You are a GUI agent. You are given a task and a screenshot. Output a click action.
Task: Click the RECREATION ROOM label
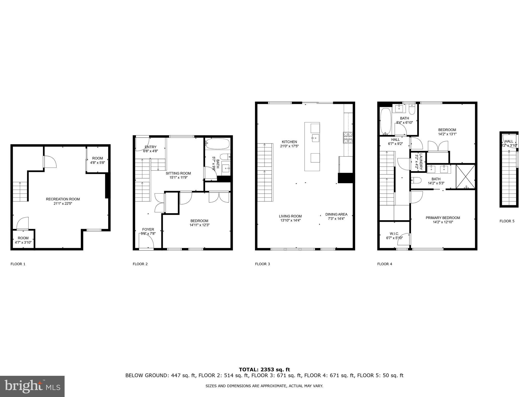pyautogui.click(x=63, y=199)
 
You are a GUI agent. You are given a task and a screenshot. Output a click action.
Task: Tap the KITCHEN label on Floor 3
pyautogui.click(x=289, y=142)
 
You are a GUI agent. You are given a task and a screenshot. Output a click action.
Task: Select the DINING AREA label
pyautogui.click(x=336, y=214)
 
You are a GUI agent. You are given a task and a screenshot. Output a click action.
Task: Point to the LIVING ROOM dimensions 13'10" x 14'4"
pyautogui.click(x=290, y=220)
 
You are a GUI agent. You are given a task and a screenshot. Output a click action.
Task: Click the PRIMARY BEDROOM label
pyautogui.click(x=443, y=218)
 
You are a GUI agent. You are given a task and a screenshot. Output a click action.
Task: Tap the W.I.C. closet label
pyautogui.click(x=394, y=234)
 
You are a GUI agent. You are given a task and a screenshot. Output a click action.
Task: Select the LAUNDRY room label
pyautogui.click(x=421, y=162)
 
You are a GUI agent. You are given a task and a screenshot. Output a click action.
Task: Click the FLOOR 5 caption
pyautogui.click(x=507, y=221)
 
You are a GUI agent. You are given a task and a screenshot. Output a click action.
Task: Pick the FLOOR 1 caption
pyautogui.click(x=18, y=264)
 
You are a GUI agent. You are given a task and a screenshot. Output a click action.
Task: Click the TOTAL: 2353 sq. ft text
pyautogui.click(x=264, y=370)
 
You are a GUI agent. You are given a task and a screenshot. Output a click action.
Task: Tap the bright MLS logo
pyautogui.click(x=32, y=386)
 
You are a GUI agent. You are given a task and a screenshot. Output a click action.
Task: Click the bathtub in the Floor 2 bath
pyautogui.click(x=218, y=144)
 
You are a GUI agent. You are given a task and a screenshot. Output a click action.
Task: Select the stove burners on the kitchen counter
pyautogui.click(x=348, y=137)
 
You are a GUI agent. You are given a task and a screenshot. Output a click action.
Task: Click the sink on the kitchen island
pyautogui.click(x=315, y=137)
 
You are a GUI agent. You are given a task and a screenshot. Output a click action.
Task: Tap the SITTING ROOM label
pyautogui.click(x=178, y=173)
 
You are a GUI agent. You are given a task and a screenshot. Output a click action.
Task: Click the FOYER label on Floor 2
pyautogui.click(x=148, y=229)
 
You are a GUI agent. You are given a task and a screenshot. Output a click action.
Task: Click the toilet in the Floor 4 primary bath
pyautogui.click(x=416, y=180)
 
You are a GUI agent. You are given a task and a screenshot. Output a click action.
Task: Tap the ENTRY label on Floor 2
pyautogui.click(x=150, y=147)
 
